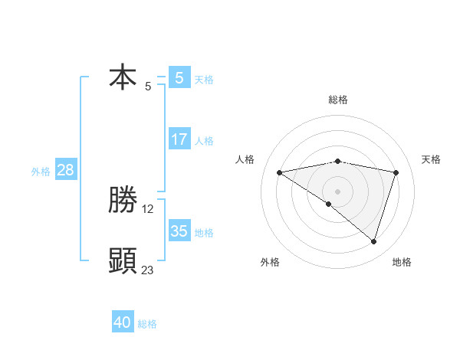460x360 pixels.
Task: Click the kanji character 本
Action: coord(123,77)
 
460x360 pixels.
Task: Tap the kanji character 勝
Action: coord(123,200)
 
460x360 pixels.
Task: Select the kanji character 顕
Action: coord(123,261)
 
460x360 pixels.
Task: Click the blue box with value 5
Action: coord(179,77)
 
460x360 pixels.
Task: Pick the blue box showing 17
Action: coord(179,139)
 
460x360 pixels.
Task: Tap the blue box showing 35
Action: coord(179,231)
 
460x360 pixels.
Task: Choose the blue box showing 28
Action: coord(65,170)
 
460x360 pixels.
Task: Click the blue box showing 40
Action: coord(123,322)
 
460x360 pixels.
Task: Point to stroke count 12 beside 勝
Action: coord(148,208)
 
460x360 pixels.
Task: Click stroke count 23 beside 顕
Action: coord(148,270)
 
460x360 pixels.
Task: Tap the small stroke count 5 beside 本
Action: coord(148,86)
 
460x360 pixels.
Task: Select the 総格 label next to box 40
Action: coord(147,324)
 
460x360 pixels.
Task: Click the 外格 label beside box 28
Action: coord(41,172)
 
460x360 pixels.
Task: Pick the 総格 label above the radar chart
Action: coord(338,100)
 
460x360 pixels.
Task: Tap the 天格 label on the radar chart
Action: coord(432,159)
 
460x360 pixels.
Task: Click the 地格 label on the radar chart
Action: coord(402,262)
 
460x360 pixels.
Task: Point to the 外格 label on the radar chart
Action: coord(270,262)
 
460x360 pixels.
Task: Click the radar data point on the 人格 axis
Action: coord(280,172)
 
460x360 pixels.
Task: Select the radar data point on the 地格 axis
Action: coord(373,241)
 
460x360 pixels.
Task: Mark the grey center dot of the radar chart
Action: coord(337,191)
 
